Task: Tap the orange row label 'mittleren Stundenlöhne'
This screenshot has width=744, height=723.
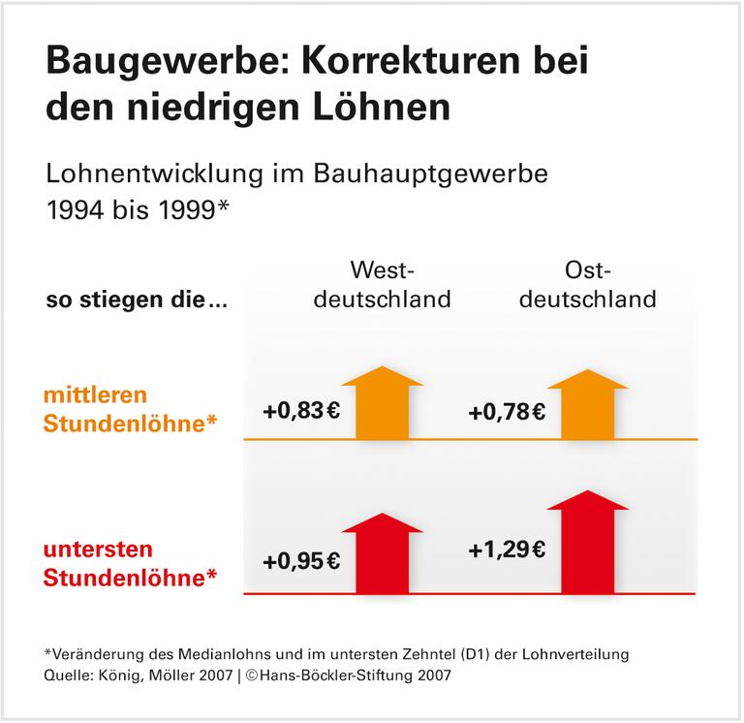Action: tap(128, 410)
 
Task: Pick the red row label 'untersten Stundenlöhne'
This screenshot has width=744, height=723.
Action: tap(128, 563)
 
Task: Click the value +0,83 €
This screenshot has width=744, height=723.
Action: tap(300, 411)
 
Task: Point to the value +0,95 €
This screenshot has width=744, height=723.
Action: tap(300, 562)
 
